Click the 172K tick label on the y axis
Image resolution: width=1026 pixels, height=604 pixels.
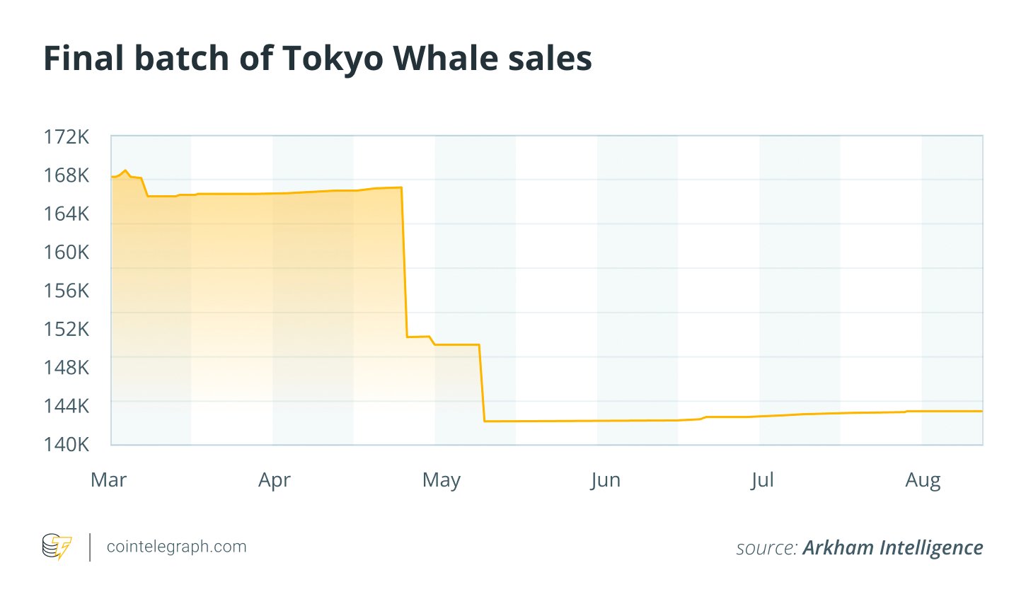tap(67, 137)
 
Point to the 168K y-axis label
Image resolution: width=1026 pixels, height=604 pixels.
tap(67, 175)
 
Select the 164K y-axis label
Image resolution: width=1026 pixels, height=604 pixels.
tap(67, 214)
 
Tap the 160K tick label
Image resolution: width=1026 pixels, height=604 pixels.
tap(67, 252)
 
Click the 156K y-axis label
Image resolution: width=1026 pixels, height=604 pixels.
tap(67, 291)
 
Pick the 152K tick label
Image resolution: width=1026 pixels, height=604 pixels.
tap(67, 329)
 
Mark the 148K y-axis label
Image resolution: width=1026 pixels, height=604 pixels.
tap(67, 367)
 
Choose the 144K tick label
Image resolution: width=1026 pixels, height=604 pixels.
tap(67, 406)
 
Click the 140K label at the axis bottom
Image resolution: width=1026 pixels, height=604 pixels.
tap(67, 444)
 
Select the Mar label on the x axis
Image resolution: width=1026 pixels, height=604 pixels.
tap(109, 480)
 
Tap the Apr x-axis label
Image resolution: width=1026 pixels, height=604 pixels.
tap(275, 481)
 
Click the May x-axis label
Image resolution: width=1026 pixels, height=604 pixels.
tap(441, 481)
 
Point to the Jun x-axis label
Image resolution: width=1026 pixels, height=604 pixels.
tap(606, 480)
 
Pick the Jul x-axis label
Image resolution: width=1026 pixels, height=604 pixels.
tap(762, 480)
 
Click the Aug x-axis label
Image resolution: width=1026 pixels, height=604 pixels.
tap(923, 481)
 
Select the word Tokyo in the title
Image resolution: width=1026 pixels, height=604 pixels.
tap(328, 59)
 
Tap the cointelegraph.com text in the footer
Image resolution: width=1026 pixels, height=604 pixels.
tap(176, 547)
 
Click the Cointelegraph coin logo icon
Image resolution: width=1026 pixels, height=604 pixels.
tap(57, 547)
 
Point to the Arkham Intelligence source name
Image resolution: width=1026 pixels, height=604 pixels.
tap(892, 547)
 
